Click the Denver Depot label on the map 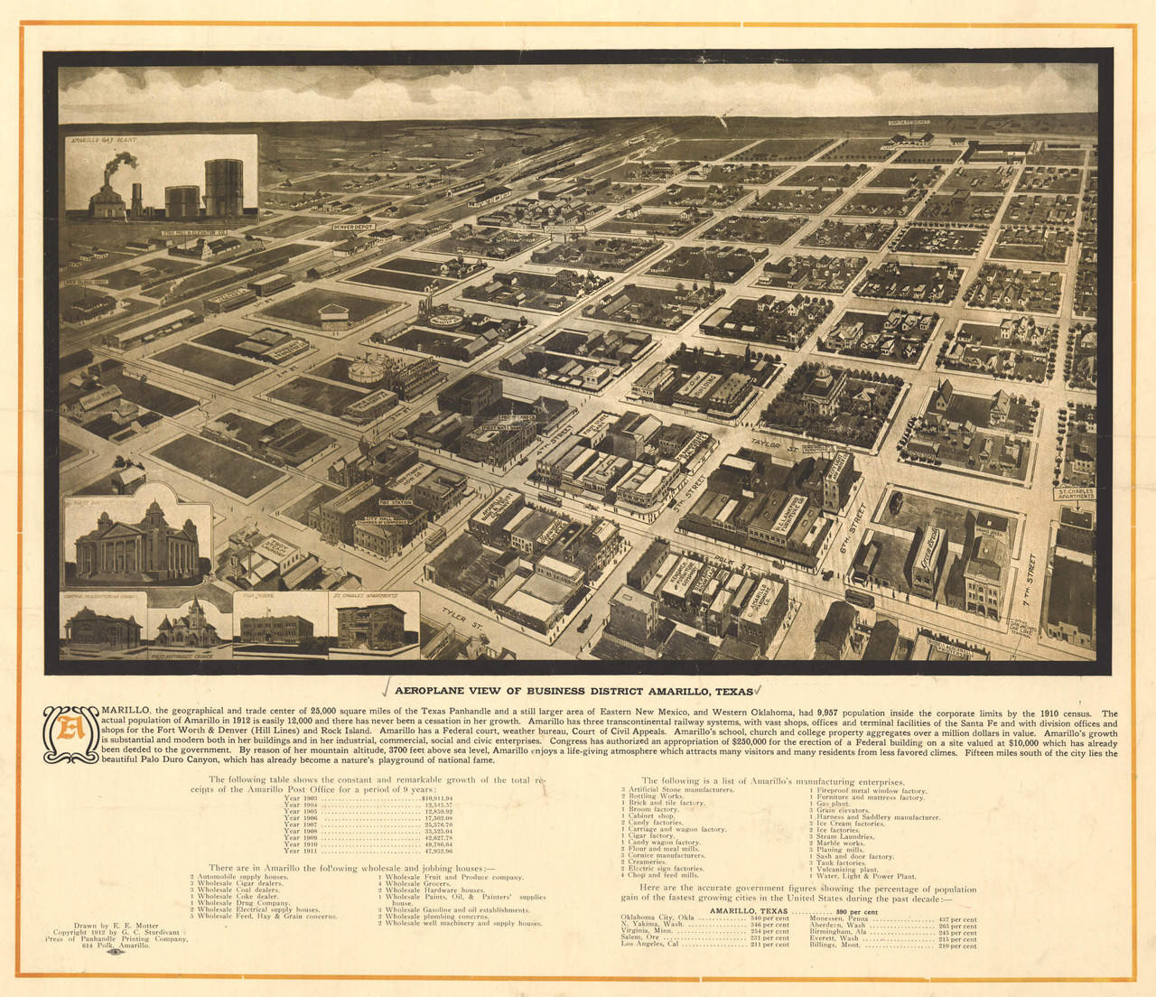(353, 228)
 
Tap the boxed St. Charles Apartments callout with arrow (1075, 494)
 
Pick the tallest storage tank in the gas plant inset (223, 188)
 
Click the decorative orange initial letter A (70, 731)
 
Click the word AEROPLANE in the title (433, 691)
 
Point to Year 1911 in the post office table (302, 851)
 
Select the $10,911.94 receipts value (437, 798)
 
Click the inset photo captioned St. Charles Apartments (371, 626)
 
